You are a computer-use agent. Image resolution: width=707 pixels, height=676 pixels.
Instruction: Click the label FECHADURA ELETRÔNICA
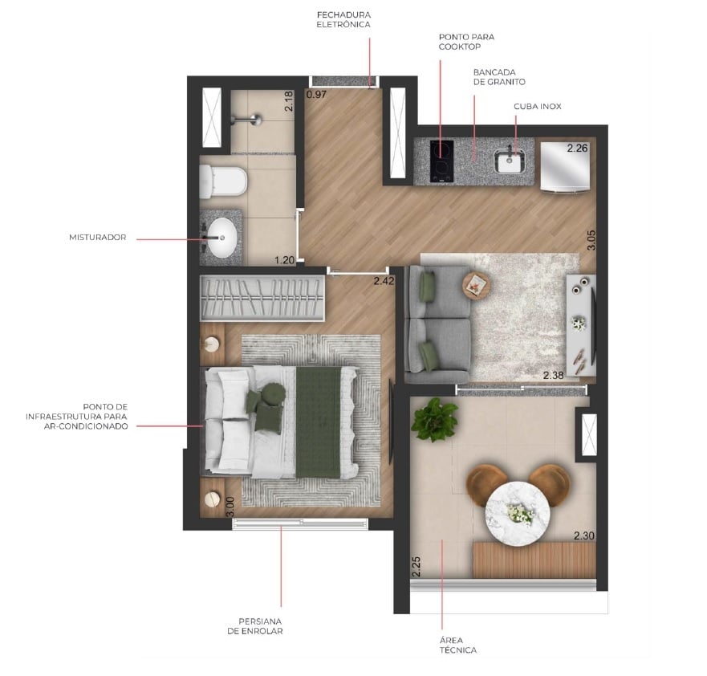343,19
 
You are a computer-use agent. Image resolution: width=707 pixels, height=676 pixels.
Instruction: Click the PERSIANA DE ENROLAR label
260,626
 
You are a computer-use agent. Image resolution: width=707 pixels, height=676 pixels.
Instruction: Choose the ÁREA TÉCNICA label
458,645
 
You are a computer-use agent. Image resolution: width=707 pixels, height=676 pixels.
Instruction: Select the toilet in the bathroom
221,181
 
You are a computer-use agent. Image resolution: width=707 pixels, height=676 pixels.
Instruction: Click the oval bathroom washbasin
222,238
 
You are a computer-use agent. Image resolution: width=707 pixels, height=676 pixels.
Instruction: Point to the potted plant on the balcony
434,418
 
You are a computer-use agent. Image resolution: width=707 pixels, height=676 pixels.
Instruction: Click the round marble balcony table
517,511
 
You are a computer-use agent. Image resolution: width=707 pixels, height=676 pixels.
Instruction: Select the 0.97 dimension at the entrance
317,95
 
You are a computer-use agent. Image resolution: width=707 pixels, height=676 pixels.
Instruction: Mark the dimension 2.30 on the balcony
584,536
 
